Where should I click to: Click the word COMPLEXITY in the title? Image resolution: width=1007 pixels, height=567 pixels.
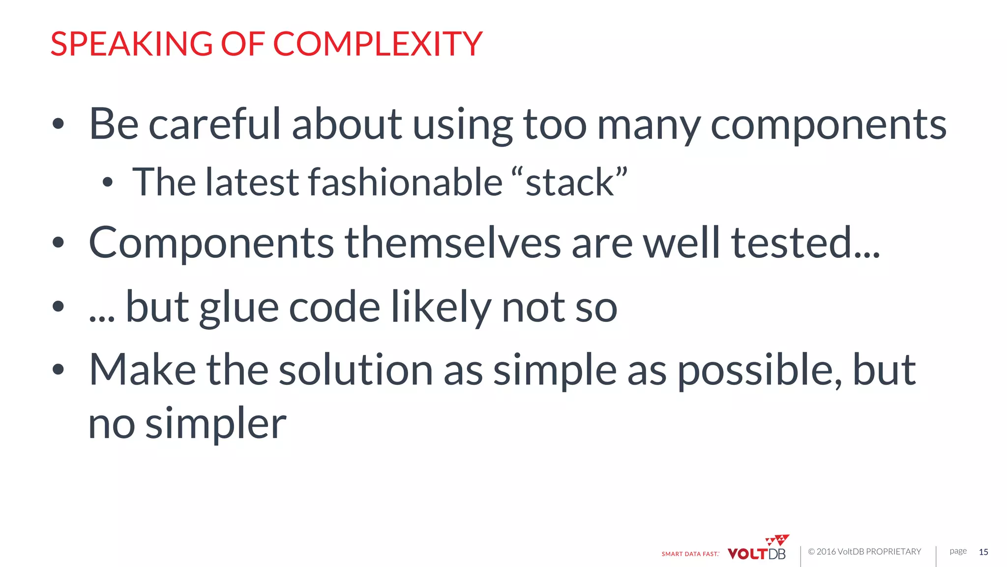[377, 44]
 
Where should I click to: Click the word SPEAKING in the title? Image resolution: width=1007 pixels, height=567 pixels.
[131, 44]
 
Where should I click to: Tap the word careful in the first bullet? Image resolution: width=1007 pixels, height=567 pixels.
[214, 124]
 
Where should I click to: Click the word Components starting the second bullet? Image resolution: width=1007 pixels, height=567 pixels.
[211, 243]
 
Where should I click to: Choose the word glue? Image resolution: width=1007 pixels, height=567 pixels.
[239, 308]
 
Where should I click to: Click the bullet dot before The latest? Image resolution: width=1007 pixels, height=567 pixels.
[108, 183]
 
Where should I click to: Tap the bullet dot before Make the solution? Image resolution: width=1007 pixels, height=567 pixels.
[58, 369]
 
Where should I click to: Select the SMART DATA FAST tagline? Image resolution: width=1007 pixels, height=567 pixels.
[690, 554]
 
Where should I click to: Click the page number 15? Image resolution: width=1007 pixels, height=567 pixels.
[983, 552]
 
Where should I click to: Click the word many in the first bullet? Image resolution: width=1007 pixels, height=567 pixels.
[648, 125]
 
